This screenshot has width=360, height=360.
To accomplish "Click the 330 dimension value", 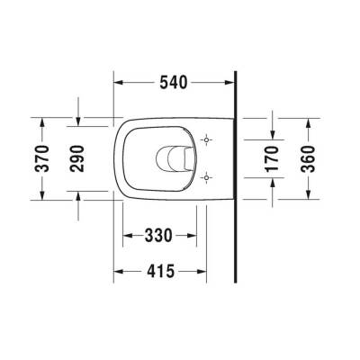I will (x=158, y=237).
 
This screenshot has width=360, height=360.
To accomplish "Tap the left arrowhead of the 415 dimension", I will (x=119, y=271).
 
